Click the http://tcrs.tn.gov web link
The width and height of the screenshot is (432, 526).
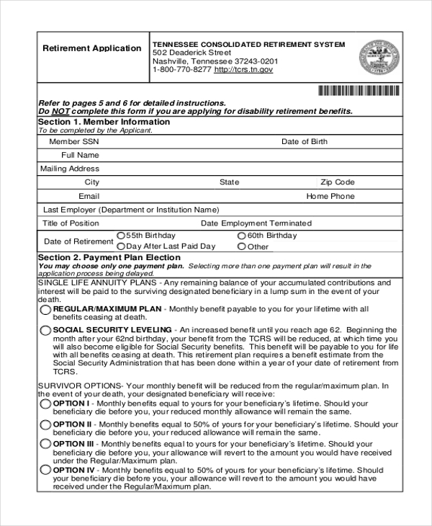point(244,70)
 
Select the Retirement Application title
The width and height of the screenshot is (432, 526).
point(92,48)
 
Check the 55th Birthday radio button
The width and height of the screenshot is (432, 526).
point(120,236)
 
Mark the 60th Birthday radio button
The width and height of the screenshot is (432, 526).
point(241,236)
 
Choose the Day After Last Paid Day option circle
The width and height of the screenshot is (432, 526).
point(120,246)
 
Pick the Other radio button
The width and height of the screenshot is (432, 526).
point(241,246)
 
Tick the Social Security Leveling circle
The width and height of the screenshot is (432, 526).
point(46,331)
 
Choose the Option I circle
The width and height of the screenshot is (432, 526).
point(46,404)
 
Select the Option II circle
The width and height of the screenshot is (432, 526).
point(46,425)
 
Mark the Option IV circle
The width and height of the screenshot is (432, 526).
point(46,470)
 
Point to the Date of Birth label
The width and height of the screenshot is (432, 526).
point(304,142)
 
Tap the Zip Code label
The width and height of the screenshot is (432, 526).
point(338,182)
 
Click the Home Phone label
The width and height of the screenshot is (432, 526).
point(330,196)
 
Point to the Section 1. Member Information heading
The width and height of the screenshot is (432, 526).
point(104,122)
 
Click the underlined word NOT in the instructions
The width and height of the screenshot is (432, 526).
point(59,112)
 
